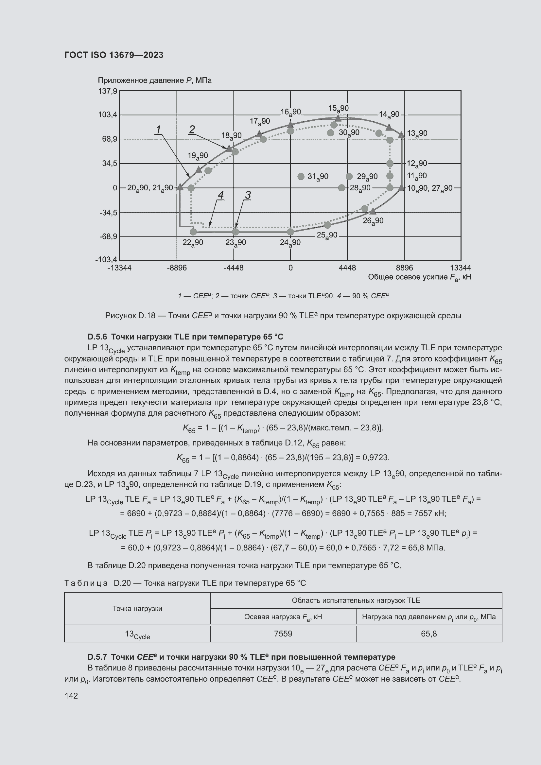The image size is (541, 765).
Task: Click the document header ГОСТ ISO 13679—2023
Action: [113, 55]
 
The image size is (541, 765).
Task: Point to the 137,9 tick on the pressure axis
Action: [107, 91]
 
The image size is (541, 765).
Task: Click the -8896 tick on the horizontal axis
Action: [177, 268]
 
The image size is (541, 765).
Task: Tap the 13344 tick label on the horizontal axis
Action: [461, 268]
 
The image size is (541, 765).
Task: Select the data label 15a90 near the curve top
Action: [339, 108]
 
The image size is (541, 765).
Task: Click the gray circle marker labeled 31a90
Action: [301, 176]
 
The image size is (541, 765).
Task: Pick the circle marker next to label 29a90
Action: [349, 176]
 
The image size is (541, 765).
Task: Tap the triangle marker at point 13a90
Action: [401, 135]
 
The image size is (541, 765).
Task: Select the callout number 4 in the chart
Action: [220, 195]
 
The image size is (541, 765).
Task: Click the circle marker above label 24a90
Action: [290, 232]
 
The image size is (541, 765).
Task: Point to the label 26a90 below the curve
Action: [373, 220]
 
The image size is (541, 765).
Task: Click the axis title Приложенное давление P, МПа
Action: [155, 80]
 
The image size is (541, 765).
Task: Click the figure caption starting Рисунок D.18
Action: [283, 315]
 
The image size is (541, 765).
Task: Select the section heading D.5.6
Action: [185, 337]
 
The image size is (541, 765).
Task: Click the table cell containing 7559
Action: [283, 634]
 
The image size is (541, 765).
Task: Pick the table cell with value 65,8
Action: [429, 634]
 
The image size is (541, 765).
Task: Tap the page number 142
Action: [71, 695]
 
